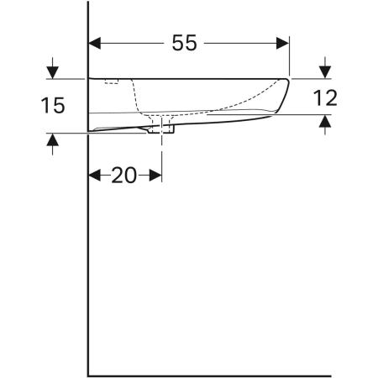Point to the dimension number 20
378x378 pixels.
click(124, 175)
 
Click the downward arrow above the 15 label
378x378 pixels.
click(53, 71)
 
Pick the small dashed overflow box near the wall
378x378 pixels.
click(111, 81)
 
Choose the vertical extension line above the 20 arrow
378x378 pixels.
click(162, 155)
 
